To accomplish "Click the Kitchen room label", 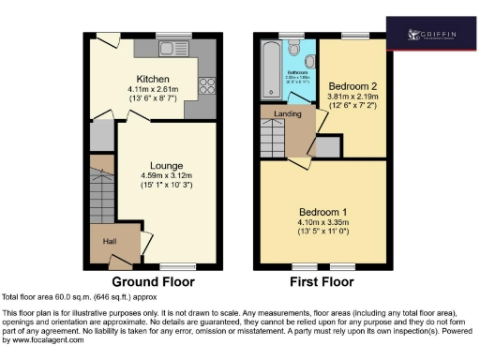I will click(151, 78).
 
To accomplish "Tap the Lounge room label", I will click(155, 165).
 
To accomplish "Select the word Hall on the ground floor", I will click(111, 242).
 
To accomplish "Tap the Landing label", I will click(287, 113).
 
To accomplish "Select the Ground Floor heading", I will click(153, 281).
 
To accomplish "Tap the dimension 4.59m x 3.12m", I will click(154, 175).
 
